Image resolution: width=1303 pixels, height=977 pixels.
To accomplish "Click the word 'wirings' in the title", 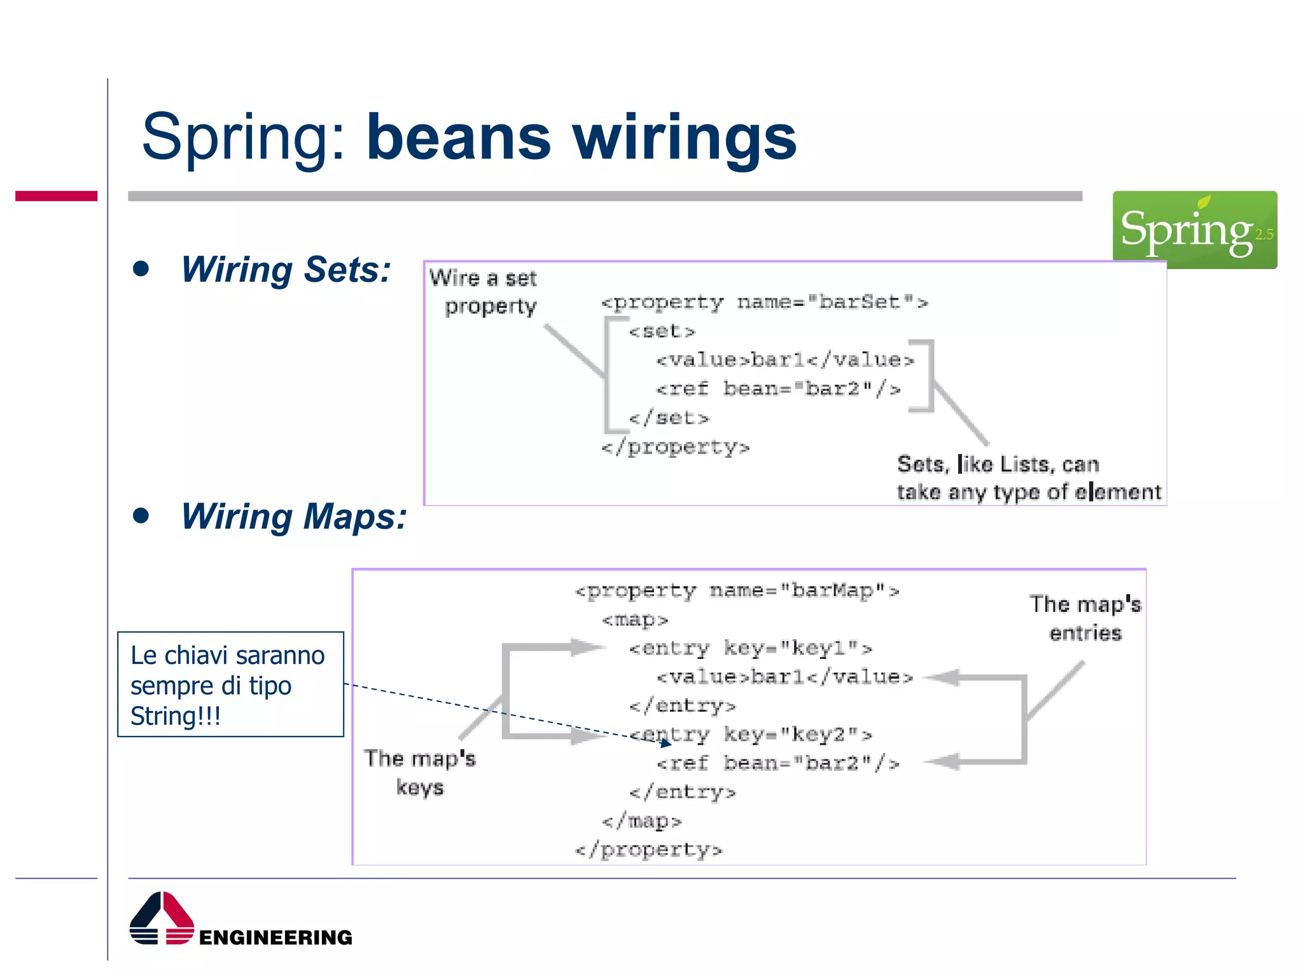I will (684, 138).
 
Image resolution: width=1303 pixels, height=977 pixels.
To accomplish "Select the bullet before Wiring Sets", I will (141, 268).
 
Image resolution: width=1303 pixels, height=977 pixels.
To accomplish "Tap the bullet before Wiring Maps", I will (141, 515).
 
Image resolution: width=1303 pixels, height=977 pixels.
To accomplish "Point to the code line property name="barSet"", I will (764, 302).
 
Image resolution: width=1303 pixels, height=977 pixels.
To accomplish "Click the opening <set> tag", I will (662, 331).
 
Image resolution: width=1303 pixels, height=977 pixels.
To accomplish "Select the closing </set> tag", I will (668, 418).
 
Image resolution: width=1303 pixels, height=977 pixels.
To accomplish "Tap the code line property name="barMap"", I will (737, 591).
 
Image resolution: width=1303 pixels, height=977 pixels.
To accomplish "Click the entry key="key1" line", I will (750, 648).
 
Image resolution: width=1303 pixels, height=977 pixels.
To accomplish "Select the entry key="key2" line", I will (750, 735).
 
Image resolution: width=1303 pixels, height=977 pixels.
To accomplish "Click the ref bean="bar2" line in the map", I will (777, 763).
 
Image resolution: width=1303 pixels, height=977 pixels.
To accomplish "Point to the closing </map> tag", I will (641, 821).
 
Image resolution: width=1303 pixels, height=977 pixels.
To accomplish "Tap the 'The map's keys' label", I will (420, 772).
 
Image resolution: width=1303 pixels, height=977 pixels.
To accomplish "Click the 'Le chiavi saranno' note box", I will (230, 684).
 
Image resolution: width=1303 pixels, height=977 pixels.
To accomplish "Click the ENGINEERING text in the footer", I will (275, 937).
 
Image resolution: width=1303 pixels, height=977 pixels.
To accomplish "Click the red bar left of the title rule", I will (56, 196).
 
